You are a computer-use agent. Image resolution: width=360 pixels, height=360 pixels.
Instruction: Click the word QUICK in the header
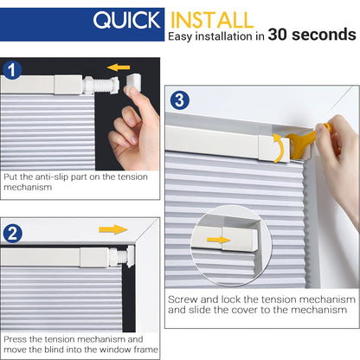pos(127,20)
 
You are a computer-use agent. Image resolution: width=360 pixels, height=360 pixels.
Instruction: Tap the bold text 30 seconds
pos(312,35)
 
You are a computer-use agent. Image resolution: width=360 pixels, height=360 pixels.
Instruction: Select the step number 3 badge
pos(178,100)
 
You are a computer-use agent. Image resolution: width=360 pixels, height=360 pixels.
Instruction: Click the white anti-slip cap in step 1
pos(133,85)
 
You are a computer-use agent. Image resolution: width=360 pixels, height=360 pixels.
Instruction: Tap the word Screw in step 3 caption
pos(183,299)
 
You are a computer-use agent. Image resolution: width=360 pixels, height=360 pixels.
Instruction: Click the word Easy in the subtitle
pos(184,36)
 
